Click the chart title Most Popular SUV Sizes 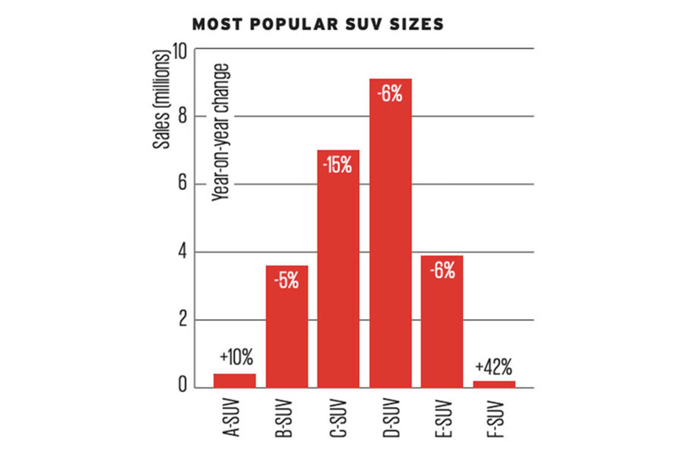318,24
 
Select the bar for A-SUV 234,381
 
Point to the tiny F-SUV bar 494,384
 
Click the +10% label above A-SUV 236,357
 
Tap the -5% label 287,281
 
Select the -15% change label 337,165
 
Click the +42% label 494,367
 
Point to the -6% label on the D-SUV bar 390,94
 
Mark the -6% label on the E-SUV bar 442,270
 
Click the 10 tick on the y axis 179,52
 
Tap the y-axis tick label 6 182,183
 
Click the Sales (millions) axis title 162,100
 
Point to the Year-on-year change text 221,133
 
